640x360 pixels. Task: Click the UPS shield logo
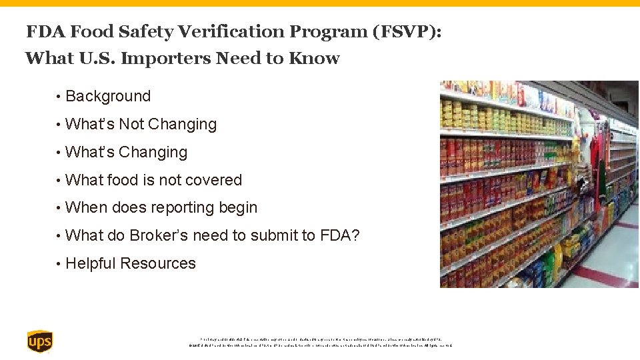(x=39, y=341)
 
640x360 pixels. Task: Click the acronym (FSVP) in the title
(x=405, y=31)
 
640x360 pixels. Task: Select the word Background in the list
(x=108, y=97)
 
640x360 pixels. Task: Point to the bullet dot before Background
(x=59, y=97)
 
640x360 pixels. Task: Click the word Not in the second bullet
(x=131, y=125)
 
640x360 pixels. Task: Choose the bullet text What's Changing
(x=127, y=153)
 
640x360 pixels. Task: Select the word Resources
(x=159, y=264)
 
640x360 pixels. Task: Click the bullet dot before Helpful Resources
(x=59, y=264)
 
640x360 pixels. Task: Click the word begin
(x=238, y=208)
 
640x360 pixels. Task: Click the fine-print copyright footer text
(x=320, y=342)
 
